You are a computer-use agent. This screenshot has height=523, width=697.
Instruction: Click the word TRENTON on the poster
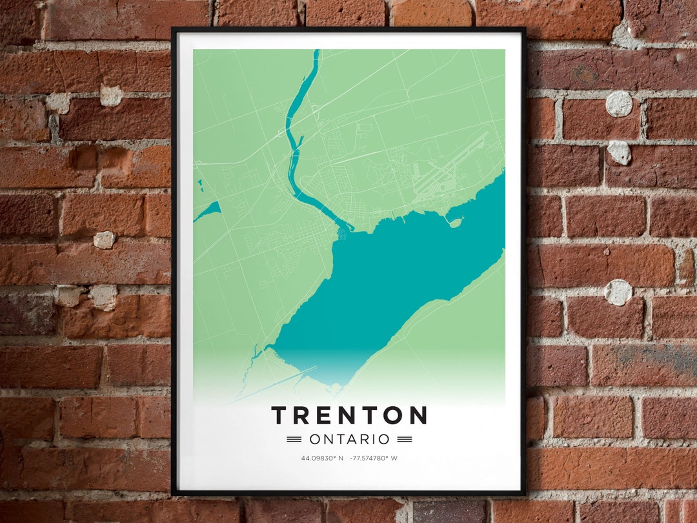click(x=349, y=415)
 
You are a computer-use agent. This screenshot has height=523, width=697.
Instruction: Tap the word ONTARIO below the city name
click(x=349, y=439)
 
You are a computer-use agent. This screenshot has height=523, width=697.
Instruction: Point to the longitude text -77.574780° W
click(x=374, y=458)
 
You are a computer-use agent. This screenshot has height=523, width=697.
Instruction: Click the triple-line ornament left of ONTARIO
click(x=294, y=439)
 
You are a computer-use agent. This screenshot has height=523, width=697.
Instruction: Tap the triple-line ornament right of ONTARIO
click(x=405, y=439)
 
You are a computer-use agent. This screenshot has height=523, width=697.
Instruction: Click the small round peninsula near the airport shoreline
click(x=456, y=223)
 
